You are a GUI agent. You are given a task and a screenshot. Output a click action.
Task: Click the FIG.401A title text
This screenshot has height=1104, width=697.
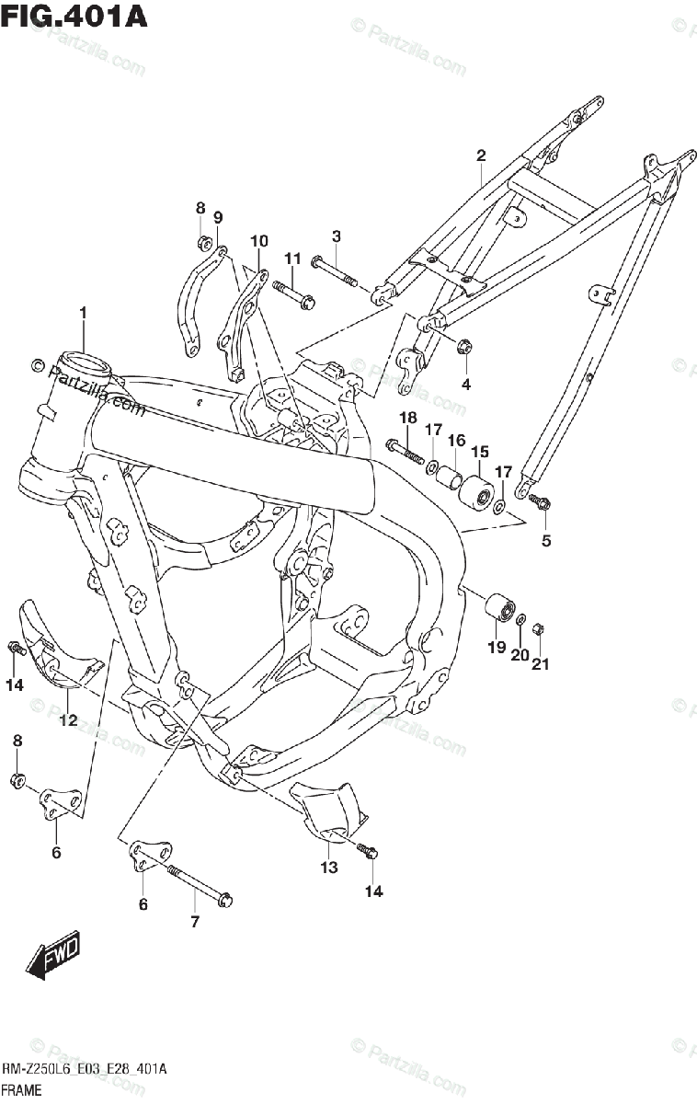pos(74,16)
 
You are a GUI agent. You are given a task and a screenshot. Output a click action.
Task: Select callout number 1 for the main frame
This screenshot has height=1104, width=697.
pos(83,314)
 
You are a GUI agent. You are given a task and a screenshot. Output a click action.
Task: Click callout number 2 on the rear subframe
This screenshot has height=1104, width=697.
pos(480,155)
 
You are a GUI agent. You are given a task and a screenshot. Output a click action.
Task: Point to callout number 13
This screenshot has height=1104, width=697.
pos(329,867)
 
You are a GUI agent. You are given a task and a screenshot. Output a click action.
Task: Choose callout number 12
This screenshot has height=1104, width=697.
pos(68,720)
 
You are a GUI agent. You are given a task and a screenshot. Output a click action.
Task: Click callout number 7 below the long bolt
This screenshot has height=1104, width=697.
pos(194,921)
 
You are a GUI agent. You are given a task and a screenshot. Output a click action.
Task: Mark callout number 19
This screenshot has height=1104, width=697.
pos(497,648)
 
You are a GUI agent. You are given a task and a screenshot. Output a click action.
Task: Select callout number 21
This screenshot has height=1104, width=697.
pos(540,664)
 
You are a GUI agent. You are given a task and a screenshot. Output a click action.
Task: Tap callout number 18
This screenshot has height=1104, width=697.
pos(407,418)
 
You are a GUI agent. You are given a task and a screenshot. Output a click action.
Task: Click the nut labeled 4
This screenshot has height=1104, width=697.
pos(464,348)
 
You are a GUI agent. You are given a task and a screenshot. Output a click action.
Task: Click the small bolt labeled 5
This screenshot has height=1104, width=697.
pos(538,501)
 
